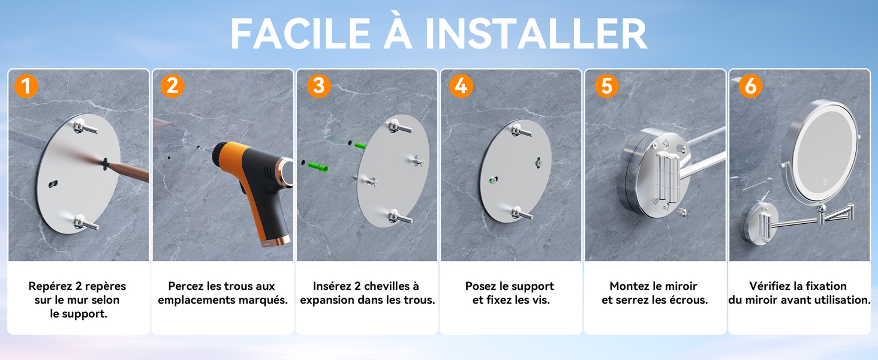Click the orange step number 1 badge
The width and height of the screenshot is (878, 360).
pyautogui.click(x=26, y=86)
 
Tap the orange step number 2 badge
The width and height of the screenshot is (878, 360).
pyautogui.click(x=172, y=86)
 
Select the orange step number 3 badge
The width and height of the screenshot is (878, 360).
pyautogui.click(x=318, y=86)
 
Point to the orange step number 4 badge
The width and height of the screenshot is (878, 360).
pyautogui.click(x=461, y=86)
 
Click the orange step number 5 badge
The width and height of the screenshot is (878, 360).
pyautogui.click(x=606, y=86)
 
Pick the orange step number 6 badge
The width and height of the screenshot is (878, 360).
pyautogui.click(x=750, y=86)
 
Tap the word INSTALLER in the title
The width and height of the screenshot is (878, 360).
pyautogui.click(x=536, y=34)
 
